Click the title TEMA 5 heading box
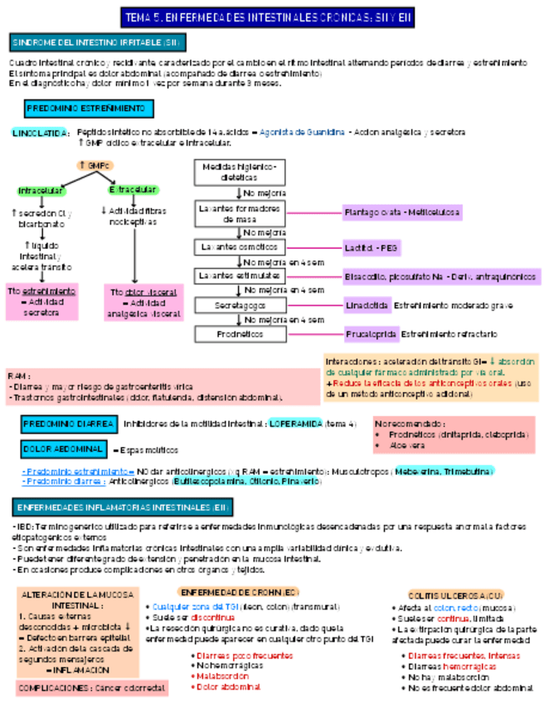(x=267, y=17)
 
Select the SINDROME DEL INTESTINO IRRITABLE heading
(x=98, y=42)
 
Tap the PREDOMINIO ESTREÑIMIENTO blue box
(x=86, y=109)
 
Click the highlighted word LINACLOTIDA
(x=40, y=133)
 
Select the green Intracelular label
(x=41, y=191)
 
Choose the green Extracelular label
(x=133, y=190)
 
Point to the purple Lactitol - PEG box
(x=371, y=248)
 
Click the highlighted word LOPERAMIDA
(x=296, y=424)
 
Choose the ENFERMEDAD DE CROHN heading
(x=238, y=592)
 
